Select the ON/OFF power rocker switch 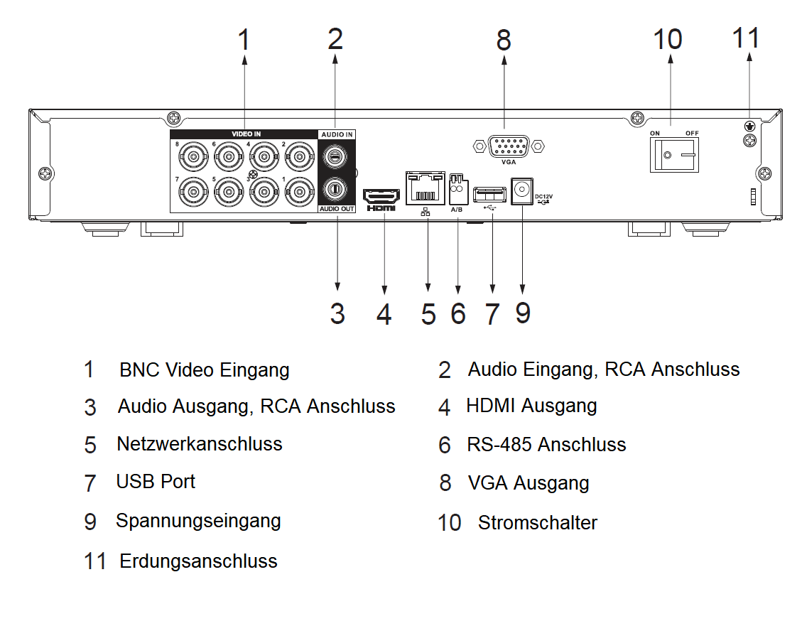tap(673, 154)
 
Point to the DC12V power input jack tap(522, 191)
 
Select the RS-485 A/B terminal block tap(458, 190)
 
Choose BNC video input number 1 tap(298, 190)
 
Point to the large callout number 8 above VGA tap(504, 40)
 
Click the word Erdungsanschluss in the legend tap(198, 561)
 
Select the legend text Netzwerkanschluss tap(199, 444)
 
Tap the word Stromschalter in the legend tap(537, 522)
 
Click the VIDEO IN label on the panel tap(246, 134)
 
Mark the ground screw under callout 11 tap(748, 126)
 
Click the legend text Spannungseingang tap(198, 521)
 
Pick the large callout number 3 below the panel tap(337, 313)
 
